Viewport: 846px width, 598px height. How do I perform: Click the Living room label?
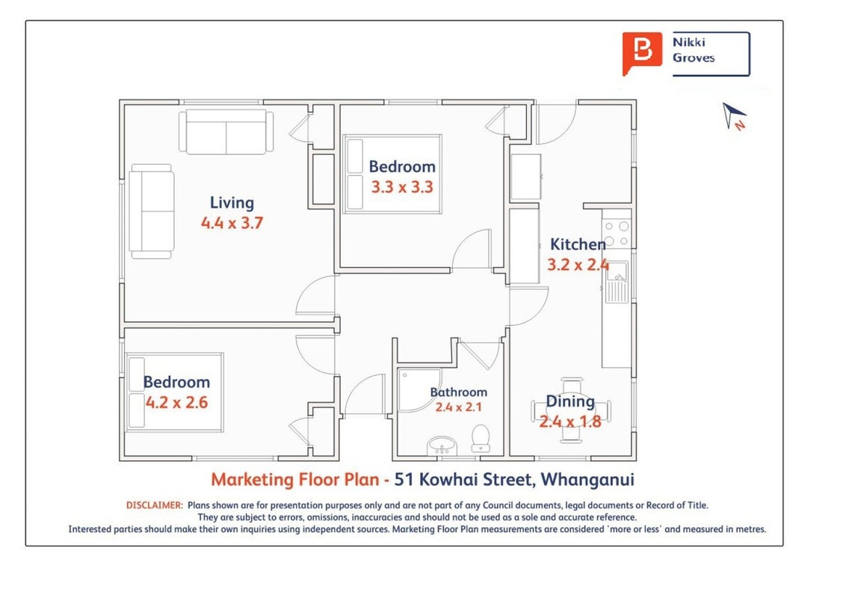point(232,203)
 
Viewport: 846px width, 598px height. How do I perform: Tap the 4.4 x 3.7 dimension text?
point(232,223)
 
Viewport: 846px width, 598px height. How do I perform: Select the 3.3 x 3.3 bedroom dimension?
point(402,188)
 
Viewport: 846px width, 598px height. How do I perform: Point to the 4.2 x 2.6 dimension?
point(176,402)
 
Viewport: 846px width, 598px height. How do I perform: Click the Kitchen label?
point(578,244)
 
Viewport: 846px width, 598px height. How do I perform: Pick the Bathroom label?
point(459,392)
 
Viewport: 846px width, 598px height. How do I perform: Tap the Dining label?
point(570,401)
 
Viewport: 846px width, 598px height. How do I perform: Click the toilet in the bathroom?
point(481,438)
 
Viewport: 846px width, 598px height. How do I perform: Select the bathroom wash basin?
point(442,446)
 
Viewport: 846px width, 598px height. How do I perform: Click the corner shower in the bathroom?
point(419,389)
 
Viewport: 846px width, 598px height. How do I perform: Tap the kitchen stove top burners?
point(617,234)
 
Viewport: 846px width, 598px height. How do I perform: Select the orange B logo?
point(641,52)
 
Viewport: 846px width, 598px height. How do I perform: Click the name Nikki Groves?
point(694,50)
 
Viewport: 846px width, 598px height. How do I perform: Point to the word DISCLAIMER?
point(154,506)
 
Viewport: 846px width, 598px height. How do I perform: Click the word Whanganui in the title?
point(587,479)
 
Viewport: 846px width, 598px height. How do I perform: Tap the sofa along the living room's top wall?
point(226,132)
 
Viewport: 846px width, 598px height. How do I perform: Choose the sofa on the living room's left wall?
point(151,211)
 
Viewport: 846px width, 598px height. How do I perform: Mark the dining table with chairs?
point(571,410)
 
